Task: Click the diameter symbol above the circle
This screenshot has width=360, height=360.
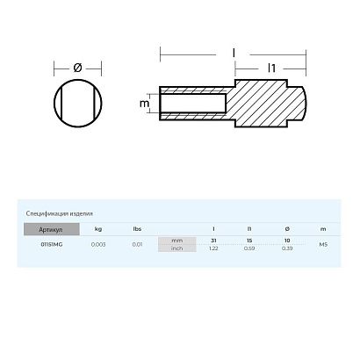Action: point(77,67)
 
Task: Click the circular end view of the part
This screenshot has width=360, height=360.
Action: point(77,105)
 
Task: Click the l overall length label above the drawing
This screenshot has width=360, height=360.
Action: point(233,53)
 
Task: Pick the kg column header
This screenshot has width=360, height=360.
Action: point(97,228)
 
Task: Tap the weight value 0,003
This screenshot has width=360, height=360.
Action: point(97,244)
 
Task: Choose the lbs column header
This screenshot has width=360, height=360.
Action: point(137,228)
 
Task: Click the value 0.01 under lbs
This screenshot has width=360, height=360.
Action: point(137,244)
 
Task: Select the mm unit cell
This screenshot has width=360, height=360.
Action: point(176,240)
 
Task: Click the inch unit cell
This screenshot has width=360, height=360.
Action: point(176,248)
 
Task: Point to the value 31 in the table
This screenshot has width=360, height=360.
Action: point(214,240)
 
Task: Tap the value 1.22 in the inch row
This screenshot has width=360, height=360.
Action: point(214,248)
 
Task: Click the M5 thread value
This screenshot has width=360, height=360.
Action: point(324,244)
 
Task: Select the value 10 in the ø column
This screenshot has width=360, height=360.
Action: point(288,240)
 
